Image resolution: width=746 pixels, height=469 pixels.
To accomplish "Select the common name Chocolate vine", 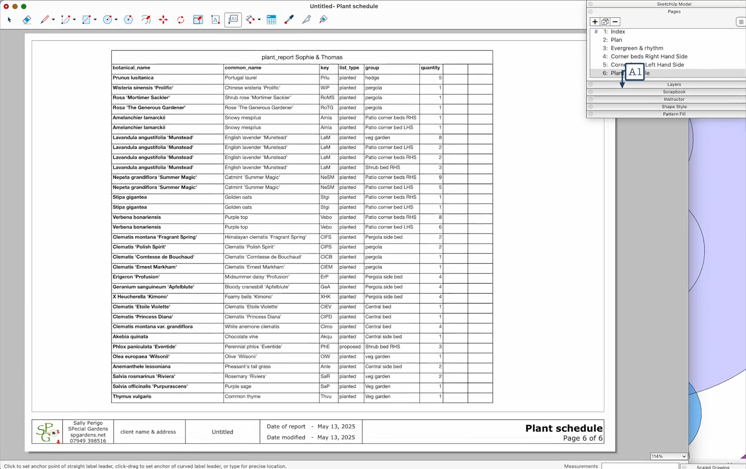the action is click(x=241, y=337).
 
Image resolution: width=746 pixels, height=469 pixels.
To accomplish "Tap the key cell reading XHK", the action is click(x=325, y=297).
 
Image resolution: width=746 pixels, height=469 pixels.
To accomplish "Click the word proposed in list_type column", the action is click(x=349, y=346).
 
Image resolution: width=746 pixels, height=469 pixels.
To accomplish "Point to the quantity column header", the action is click(x=430, y=68).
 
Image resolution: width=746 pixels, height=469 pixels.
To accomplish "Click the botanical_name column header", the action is click(x=131, y=68).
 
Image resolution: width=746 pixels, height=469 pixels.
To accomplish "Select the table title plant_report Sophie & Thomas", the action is click(x=302, y=57).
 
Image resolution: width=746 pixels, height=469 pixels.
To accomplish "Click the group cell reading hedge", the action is click(x=372, y=78).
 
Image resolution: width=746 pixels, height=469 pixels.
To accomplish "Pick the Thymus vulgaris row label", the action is click(x=132, y=396).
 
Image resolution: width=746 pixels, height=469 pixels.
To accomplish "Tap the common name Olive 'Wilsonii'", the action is click(x=241, y=357).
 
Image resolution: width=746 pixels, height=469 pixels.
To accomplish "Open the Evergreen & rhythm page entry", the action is click(x=636, y=48).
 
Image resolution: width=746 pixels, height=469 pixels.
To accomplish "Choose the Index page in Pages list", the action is click(x=617, y=31).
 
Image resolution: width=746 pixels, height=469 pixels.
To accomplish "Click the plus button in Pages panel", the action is click(x=595, y=22).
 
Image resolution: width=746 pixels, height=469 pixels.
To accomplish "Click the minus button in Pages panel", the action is click(x=615, y=22).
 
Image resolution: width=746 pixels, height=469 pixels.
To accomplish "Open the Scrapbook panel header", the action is click(x=674, y=92).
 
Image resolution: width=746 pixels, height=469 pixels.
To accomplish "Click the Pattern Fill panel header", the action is click(x=674, y=114).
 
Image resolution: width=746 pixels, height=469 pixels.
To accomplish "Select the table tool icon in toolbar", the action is click(x=271, y=19).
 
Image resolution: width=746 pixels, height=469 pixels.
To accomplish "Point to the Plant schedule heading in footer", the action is click(x=563, y=428).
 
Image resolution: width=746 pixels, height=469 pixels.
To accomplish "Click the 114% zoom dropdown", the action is click(x=668, y=456).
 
